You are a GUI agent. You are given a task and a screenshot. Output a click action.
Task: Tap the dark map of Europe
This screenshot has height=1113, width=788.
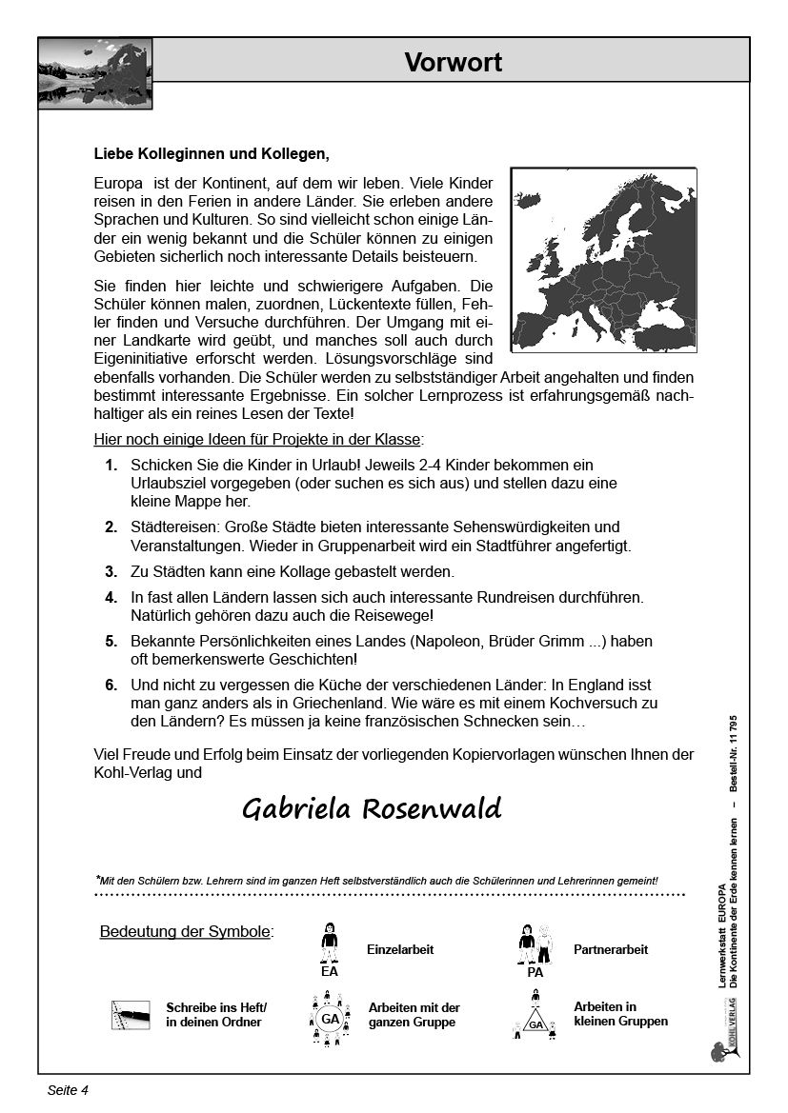tap(602, 259)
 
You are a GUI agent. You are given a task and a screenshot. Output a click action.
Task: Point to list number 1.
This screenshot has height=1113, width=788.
tap(111, 466)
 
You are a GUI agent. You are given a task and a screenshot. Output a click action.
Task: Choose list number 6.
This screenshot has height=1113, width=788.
tap(111, 685)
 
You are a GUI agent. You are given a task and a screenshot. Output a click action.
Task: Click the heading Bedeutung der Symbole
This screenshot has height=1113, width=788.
tap(186, 931)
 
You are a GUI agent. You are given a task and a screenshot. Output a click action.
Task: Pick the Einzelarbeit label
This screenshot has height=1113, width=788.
tap(400, 950)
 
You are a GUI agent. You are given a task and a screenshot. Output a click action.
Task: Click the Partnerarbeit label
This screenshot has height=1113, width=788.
tap(611, 950)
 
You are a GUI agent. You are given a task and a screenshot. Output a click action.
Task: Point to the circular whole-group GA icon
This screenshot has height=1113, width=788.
tap(330, 1019)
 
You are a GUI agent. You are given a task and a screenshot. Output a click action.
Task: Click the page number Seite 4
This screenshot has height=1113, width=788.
tap(68, 1091)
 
